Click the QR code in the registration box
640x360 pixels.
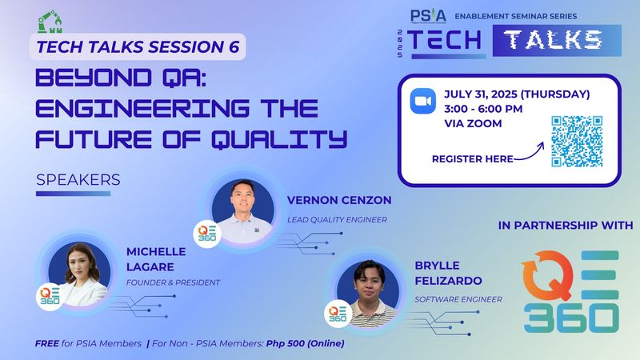click(577, 141)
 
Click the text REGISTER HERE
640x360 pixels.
click(472, 159)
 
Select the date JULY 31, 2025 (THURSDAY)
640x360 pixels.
click(517, 94)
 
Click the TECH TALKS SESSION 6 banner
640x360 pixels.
click(138, 46)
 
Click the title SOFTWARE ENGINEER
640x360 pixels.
click(458, 299)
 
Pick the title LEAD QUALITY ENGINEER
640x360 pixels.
click(337, 218)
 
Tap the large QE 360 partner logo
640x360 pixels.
click(570, 293)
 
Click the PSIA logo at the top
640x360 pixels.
click(429, 15)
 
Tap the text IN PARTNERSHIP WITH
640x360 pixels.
click(565, 226)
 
